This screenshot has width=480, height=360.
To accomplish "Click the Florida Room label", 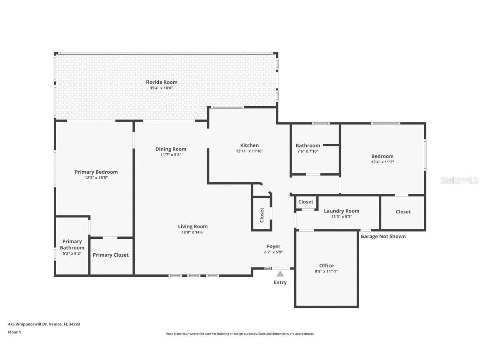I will [x=161, y=82].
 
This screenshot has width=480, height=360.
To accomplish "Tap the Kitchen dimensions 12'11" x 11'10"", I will [x=250, y=151].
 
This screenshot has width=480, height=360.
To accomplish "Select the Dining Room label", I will [x=171, y=149].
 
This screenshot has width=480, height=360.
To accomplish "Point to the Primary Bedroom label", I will [x=96, y=172].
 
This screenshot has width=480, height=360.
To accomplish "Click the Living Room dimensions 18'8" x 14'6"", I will [x=193, y=232].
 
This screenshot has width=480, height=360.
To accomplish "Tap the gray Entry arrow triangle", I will [x=280, y=274].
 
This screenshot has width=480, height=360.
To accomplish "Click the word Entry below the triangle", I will [x=280, y=282].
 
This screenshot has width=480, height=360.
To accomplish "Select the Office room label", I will [x=326, y=265].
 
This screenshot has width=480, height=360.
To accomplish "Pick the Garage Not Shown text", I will [x=383, y=236].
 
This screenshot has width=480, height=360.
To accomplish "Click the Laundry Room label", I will [x=342, y=211].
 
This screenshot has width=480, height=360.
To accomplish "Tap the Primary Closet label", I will [x=111, y=255].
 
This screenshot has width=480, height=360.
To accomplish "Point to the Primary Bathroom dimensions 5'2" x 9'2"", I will [x=72, y=253].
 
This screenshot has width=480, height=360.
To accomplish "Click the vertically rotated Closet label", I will [x=262, y=215].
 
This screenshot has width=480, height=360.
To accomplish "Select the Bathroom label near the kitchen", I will [x=308, y=145].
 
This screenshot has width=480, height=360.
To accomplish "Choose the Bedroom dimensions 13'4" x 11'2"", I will [x=382, y=162].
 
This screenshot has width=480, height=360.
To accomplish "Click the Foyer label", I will [x=274, y=246].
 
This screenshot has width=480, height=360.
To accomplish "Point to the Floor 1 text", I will [x=14, y=332].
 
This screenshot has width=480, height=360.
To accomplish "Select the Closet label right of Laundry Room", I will [x=403, y=212].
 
